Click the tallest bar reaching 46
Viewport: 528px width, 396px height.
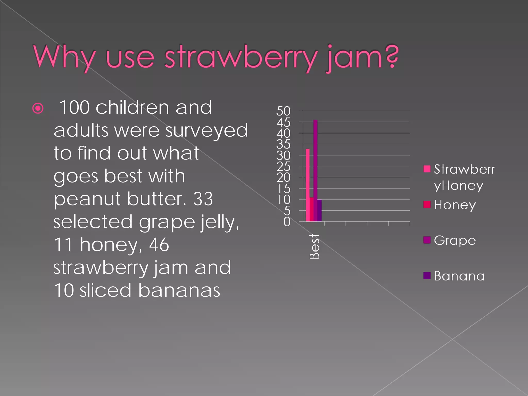click(x=315, y=170)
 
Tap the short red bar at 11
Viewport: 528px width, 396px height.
click(x=311, y=209)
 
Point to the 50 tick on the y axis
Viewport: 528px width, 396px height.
click(x=283, y=111)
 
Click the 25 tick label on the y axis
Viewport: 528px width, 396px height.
click(x=283, y=167)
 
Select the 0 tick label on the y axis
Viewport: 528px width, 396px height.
click(x=287, y=222)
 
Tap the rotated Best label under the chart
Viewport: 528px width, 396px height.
click(x=315, y=246)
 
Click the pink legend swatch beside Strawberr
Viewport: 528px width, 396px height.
click(x=427, y=169)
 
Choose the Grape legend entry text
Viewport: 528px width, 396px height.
click(x=455, y=241)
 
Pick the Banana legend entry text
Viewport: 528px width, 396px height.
click(x=459, y=276)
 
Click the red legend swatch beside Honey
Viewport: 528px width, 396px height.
click(x=427, y=204)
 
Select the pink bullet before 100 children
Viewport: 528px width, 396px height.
click(x=38, y=108)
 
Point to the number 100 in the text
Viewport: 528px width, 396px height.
click(x=74, y=107)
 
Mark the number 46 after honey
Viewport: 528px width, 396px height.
click(x=159, y=245)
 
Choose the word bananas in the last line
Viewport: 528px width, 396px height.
click(x=179, y=290)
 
